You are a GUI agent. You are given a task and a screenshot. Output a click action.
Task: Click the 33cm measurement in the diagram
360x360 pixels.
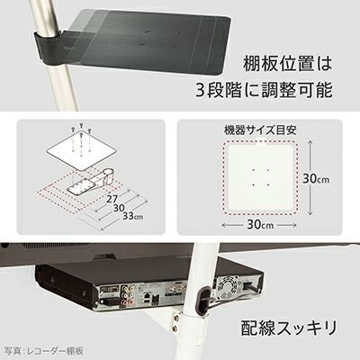pyautogui.click(x=132, y=216)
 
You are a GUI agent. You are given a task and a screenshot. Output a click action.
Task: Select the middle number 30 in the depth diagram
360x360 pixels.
pyautogui.click(x=118, y=207)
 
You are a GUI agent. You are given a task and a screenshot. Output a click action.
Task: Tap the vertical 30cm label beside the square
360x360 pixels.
pyautogui.click(x=316, y=179)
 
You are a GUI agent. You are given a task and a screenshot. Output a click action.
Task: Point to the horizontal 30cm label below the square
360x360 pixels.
pyautogui.click(x=260, y=224)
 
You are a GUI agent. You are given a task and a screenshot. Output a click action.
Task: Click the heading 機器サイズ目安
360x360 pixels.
pyautogui.click(x=260, y=130)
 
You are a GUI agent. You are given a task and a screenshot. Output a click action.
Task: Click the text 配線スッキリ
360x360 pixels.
pyautogui.click(x=289, y=328)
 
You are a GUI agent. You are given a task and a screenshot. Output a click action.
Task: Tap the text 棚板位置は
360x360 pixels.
pyautogui.click(x=287, y=64)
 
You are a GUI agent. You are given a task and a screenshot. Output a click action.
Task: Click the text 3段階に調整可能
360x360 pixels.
pyautogui.click(x=264, y=89)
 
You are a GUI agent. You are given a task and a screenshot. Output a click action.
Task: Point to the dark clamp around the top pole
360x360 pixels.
pyautogui.click(x=51, y=48)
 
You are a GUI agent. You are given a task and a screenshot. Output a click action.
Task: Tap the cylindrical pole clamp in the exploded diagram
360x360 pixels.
pyautogui.click(x=107, y=176)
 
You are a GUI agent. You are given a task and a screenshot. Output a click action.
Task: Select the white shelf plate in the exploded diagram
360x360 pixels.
pyautogui.click(x=82, y=152)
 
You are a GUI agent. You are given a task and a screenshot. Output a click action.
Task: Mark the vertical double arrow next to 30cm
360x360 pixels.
pyautogui.click(x=310, y=178)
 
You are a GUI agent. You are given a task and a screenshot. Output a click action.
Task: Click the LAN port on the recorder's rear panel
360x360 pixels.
pyautogui.click(x=148, y=297)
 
